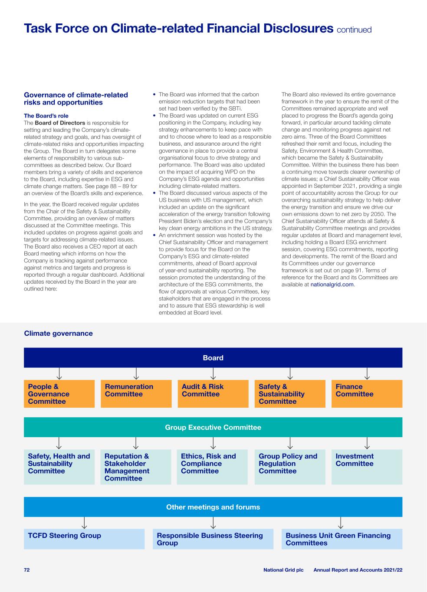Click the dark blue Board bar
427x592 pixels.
[213, 358]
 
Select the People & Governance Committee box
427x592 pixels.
[59, 394]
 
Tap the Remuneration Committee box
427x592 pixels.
[136, 394]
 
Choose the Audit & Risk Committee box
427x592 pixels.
[213, 394]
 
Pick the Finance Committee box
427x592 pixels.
[367, 394]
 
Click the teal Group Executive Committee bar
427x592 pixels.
[213, 427]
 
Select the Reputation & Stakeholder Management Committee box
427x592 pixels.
[136, 467]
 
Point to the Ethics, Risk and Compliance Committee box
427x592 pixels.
[212, 467]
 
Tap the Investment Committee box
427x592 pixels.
[367, 467]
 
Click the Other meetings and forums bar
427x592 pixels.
[213, 507]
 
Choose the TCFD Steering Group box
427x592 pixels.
[84, 539]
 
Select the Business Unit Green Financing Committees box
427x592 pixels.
[342, 539]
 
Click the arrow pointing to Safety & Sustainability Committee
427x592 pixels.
[290, 373]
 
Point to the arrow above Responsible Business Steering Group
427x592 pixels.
[213, 523]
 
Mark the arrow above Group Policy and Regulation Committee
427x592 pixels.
[290, 443]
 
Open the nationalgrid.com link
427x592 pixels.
[332, 285]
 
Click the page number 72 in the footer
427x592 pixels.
[27, 570]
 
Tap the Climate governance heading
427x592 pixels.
[58, 333]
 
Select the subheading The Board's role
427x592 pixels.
[46, 116]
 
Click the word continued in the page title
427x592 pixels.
[354, 30]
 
